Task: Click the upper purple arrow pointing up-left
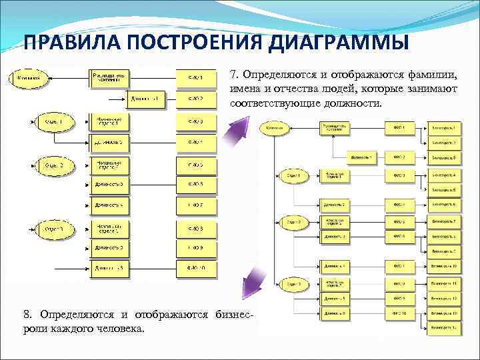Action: point(236,129)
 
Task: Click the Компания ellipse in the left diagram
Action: point(29,77)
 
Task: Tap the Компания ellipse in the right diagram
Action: point(275,127)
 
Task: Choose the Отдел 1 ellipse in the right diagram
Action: point(294,175)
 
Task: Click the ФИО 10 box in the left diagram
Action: point(195,269)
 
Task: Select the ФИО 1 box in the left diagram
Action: point(195,78)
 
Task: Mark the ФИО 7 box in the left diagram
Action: point(195,205)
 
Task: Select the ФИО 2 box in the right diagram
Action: point(399,158)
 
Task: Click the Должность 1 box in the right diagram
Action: point(361,158)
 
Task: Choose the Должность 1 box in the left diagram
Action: point(146,100)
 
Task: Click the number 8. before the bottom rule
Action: point(27,314)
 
